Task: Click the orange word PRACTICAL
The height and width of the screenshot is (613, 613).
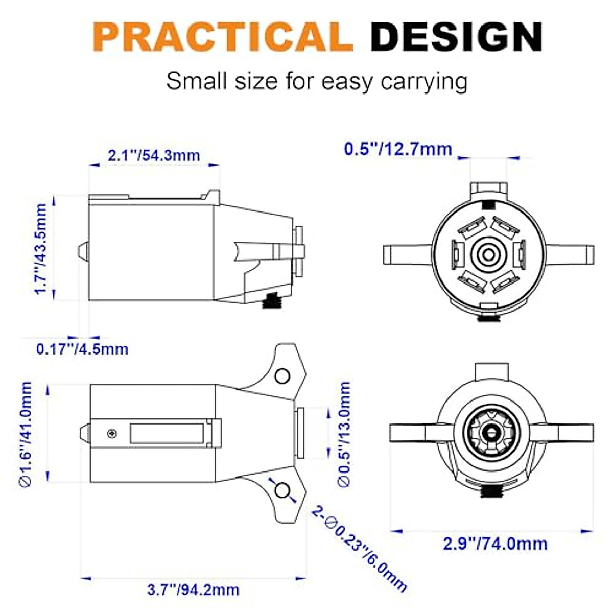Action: [223, 37]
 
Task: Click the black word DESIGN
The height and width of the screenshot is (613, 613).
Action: [456, 37]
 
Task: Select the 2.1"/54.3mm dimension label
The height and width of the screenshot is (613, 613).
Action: [154, 155]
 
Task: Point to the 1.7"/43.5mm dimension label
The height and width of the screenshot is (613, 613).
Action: [41, 249]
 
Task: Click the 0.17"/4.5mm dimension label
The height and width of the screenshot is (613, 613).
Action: [82, 349]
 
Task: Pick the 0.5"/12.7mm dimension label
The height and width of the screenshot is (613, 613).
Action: [398, 149]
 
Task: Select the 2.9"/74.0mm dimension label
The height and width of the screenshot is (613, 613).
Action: [495, 544]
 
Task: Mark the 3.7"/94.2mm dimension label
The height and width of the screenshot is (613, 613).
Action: [193, 590]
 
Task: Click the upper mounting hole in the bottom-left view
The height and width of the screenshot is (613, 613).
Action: [282, 376]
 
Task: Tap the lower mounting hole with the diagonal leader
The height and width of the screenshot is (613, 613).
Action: [281, 490]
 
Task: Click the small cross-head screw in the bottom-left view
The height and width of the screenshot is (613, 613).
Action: [112, 434]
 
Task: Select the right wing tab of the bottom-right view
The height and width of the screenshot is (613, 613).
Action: [567, 432]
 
